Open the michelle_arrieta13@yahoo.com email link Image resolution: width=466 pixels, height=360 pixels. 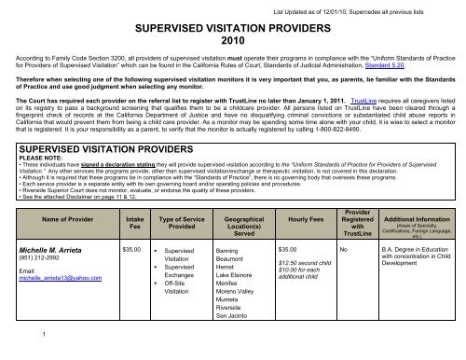62,306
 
